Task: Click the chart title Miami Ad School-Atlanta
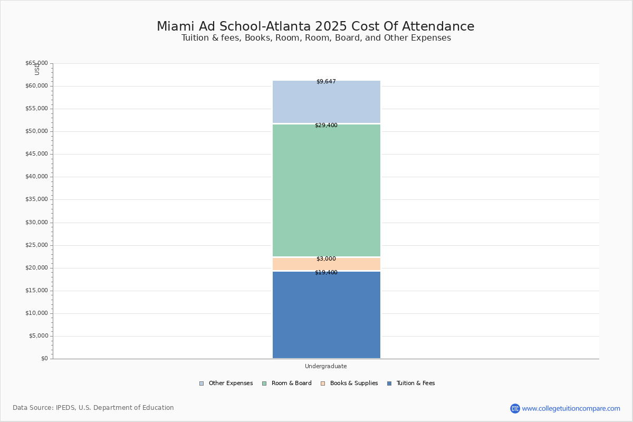click(315, 26)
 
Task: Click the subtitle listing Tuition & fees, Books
click(316, 38)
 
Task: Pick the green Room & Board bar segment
click(326, 190)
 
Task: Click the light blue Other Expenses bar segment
click(326, 103)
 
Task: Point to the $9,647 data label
click(326, 82)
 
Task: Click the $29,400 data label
click(326, 126)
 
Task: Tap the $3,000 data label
click(326, 259)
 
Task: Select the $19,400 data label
click(326, 273)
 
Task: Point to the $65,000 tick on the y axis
click(36, 63)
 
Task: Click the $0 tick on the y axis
click(44, 359)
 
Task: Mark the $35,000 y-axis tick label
click(36, 199)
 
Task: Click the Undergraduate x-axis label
click(326, 367)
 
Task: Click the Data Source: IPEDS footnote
click(93, 408)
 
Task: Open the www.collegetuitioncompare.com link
click(571, 408)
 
